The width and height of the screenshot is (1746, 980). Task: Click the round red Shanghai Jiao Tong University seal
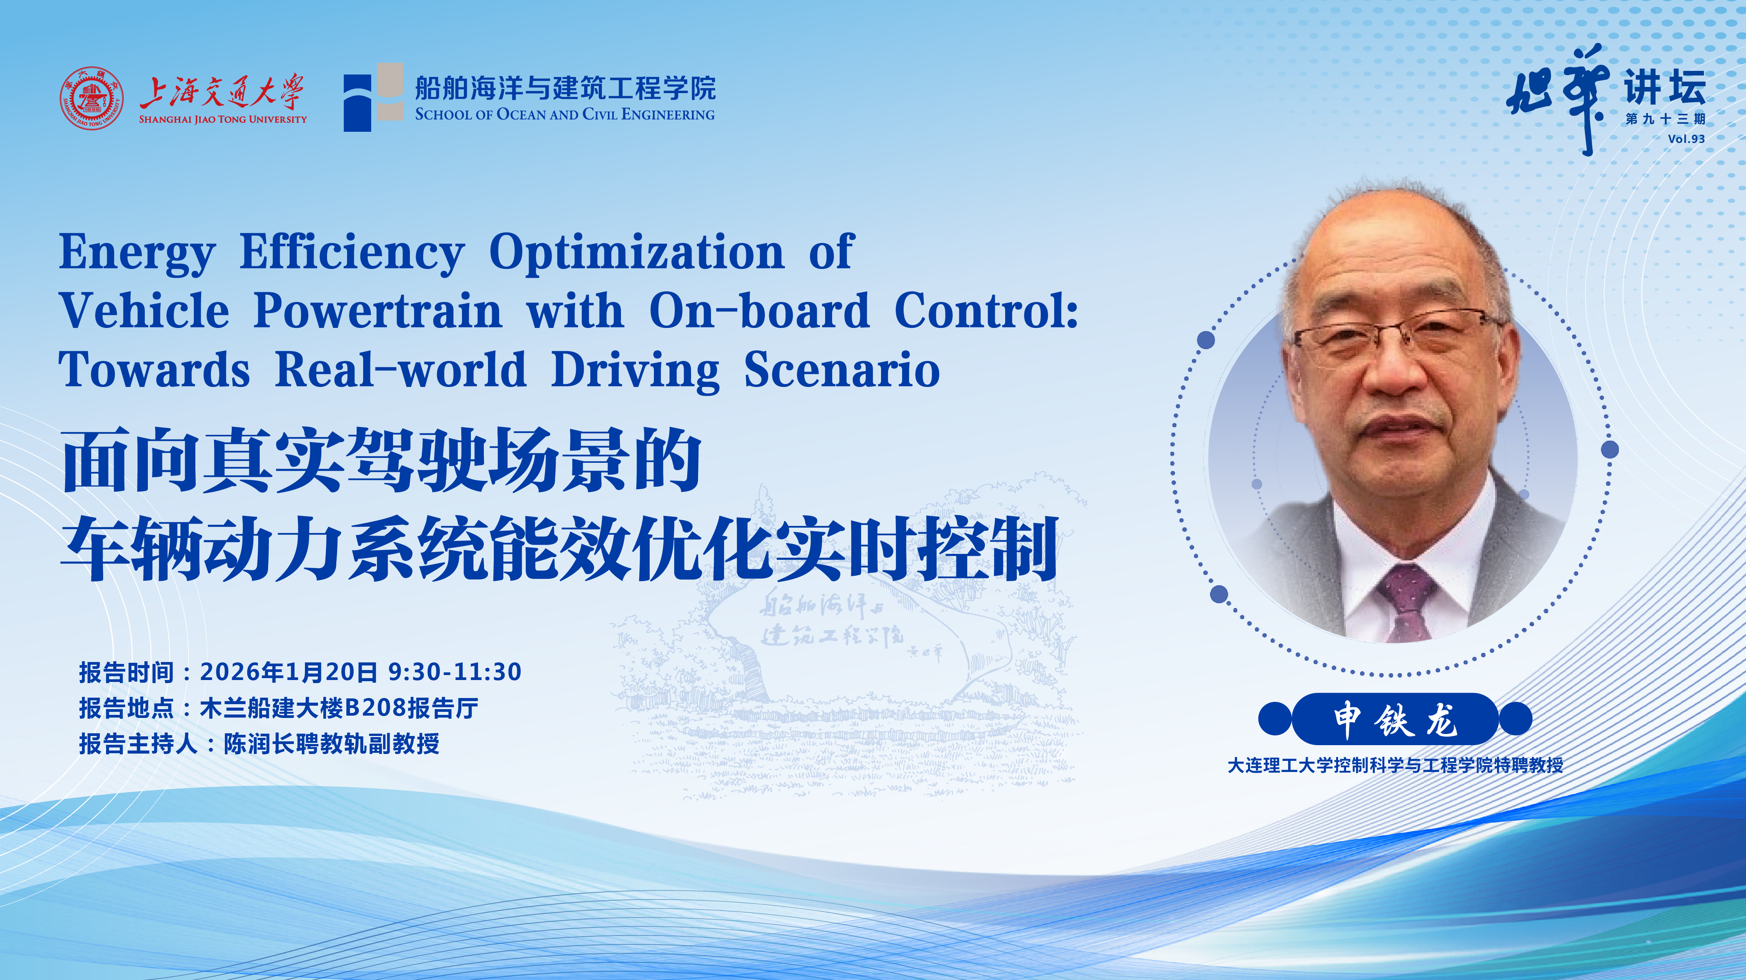pyautogui.click(x=92, y=98)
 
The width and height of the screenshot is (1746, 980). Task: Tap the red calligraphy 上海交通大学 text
pyautogui.click(x=222, y=92)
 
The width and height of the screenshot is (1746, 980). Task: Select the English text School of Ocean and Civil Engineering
pyautogui.click(x=565, y=115)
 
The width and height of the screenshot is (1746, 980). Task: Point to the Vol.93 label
pyautogui.click(x=1686, y=139)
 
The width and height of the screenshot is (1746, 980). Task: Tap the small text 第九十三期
pyautogui.click(x=1665, y=119)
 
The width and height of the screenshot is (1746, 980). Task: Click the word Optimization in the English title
pyautogui.click(x=636, y=252)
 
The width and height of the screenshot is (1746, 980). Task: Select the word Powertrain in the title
pyautogui.click(x=378, y=311)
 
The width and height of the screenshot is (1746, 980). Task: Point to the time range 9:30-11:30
pyautogui.click(x=455, y=672)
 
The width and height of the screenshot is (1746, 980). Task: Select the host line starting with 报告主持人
pyautogui.click(x=259, y=744)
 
